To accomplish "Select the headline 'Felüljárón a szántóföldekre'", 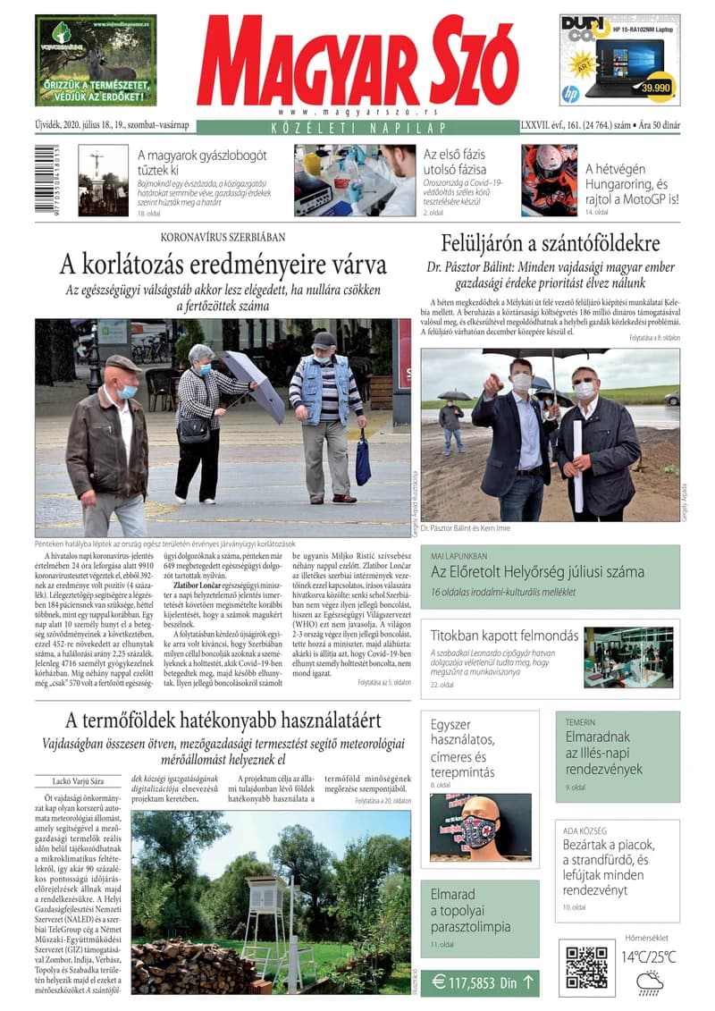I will pos(551,243).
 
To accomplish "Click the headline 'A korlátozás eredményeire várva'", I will pos(223,265).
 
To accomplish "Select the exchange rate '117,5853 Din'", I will pos(480,983).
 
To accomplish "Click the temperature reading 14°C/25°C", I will pos(649,957).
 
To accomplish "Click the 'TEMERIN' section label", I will pos(580,721).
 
